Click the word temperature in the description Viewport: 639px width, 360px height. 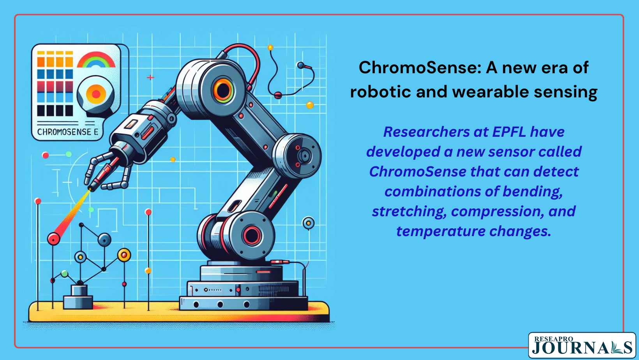point(441,231)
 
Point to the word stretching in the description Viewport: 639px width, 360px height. point(409,212)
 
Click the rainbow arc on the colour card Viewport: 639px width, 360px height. point(96,59)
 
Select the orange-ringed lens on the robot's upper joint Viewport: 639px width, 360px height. point(223,91)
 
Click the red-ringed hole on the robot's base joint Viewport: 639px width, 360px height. point(252,236)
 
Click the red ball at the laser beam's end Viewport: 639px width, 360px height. point(54,238)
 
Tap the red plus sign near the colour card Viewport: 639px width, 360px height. point(150,77)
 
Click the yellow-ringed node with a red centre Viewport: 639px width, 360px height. point(124,255)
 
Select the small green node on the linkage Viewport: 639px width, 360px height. point(65,274)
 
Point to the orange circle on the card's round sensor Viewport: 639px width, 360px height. point(96,94)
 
